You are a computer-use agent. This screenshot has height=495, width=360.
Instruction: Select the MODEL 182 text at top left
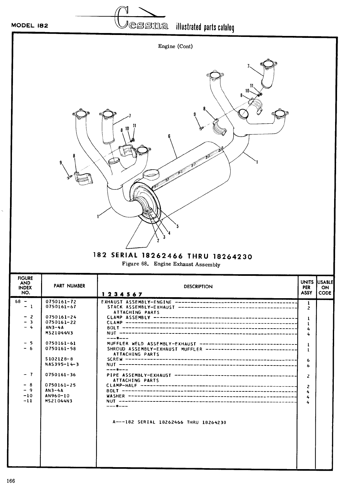tap(30, 26)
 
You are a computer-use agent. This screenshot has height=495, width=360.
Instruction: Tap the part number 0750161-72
tap(61, 302)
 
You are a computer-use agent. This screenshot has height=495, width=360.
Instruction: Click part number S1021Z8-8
tap(59, 359)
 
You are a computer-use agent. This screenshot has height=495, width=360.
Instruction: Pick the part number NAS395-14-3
tap(62, 364)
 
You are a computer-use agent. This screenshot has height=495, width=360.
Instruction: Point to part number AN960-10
tap(57, 396)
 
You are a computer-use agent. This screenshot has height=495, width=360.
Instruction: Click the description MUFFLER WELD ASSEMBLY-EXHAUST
tap(151, 344)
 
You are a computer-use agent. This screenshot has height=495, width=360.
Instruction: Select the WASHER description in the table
tap(115, 396)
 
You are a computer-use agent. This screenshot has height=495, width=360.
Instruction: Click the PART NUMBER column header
tap(69, 286)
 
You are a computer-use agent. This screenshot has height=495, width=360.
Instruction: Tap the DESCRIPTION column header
tap(198, 287)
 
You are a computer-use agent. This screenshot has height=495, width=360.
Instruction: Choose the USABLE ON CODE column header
tap(325, 287)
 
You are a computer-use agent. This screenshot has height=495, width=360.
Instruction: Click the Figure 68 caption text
tap(171, 264)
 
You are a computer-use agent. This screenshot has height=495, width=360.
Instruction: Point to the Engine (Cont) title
tap(175, 46)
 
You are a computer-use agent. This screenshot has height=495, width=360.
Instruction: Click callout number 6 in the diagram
tap(169, 136)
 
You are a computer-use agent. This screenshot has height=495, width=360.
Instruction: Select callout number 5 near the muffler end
tap(177, 226)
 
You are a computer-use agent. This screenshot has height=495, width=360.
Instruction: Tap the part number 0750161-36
tap(61, 375)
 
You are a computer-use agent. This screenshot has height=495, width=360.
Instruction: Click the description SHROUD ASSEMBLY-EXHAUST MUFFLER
tap(155, 349)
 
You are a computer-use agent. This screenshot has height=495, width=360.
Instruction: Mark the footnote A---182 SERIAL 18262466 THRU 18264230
tap(169, 422)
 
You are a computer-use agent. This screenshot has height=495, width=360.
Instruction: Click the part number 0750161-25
tap(61, 385)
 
